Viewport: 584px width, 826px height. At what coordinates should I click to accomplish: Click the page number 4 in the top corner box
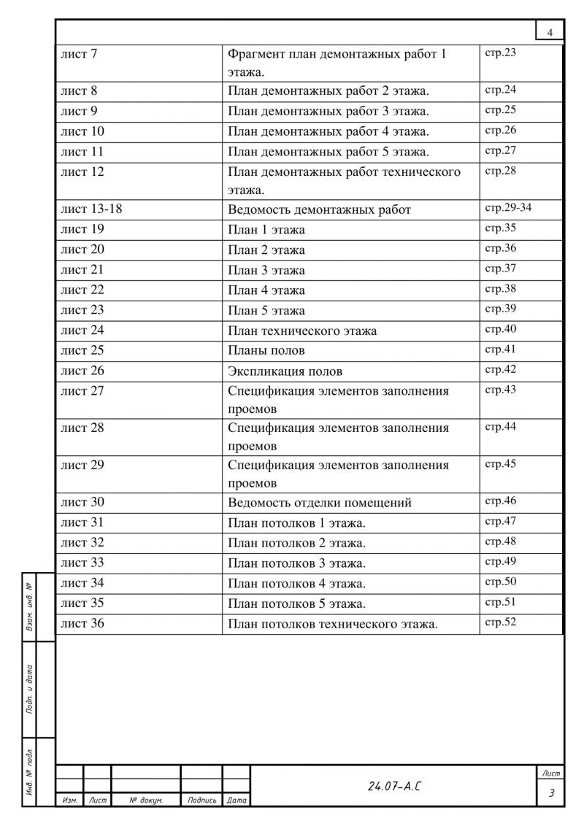coord(550,32)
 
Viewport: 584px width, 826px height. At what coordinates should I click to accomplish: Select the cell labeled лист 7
coord(79,54)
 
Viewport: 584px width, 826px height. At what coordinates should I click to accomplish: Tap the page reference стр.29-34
coord(508,208)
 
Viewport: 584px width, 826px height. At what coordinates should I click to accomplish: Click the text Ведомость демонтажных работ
coord(319,210)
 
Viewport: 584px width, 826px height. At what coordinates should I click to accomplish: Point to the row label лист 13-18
coord(91,209)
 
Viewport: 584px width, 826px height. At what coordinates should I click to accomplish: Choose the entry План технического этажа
coord(302,331)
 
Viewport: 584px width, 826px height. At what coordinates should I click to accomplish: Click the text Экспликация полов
coord(285,371)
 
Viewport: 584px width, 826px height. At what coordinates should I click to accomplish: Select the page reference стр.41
coord(500,350)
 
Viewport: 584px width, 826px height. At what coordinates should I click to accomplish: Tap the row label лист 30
coord(82,502)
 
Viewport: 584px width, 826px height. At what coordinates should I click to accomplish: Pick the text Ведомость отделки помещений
coord(320,503)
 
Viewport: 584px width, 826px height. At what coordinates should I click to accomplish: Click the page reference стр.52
coord(500,622)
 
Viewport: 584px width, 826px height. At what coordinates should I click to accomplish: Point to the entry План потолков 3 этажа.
coord(296,563)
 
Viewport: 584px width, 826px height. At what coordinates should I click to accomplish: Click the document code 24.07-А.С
coord(394,787)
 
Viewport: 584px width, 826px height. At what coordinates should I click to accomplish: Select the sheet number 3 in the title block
coord(551,793)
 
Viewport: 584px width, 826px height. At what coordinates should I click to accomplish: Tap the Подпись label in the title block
coord(201,800)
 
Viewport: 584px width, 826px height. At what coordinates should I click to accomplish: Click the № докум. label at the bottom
coord(145,800)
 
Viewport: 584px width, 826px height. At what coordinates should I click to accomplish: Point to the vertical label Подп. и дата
coord(28,689)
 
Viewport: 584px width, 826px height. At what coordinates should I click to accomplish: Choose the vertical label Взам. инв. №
coord(28,606)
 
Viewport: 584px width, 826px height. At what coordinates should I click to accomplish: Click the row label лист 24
coord(82,331)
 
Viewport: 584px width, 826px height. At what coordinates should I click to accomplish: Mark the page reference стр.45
coord(500,463)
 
